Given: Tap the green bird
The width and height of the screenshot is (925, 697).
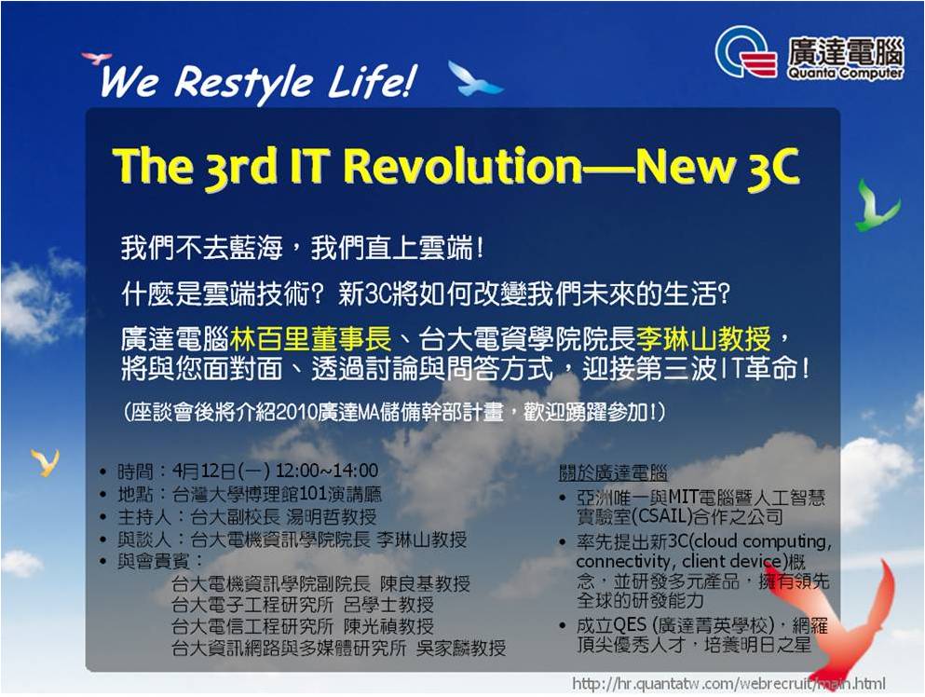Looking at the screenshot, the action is pyautogui.click(x=877, y=206).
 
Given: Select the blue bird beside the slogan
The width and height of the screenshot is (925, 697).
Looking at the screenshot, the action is pyautogui.click(x=474, y=79).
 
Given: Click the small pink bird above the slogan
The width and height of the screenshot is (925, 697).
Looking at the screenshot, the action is pyautogui.click(x=96, y=58).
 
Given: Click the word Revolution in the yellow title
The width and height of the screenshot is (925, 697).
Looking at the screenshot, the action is pyautogui.click(x=463, y=166).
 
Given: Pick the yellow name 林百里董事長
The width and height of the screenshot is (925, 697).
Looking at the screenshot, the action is pyautogui.click(x=311, y=339).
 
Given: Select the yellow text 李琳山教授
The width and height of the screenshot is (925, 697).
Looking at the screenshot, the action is pyautogui.click(x=704, y=339).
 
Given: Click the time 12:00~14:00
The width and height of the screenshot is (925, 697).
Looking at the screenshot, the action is pyautogui.click(x=327, y=471).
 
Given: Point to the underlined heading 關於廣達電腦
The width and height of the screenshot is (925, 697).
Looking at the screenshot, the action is pyautogui.click(x=613, y=473).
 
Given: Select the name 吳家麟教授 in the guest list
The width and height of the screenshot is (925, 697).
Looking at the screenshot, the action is pyautogui.click(x=461, y=648).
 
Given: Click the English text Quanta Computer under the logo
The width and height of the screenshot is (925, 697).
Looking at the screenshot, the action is pyautogui.click(x=845, y=74).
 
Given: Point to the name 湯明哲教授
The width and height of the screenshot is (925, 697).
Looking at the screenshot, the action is pyautogui.click(x=331, y=517).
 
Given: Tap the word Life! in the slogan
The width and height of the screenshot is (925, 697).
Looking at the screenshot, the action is pyautogui.click(x=372, y=81).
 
